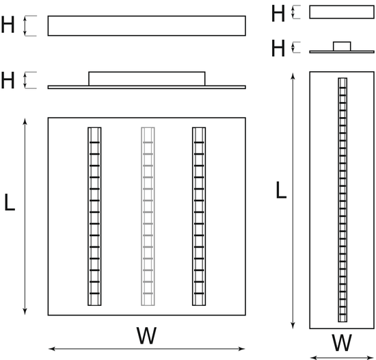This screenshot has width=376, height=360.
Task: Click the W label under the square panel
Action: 146,335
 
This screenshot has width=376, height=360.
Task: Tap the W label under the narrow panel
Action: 342,342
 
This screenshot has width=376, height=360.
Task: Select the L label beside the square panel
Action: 10,203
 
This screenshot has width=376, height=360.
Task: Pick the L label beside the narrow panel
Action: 281,190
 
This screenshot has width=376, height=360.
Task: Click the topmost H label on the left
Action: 8,25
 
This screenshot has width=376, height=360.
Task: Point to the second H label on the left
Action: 8,80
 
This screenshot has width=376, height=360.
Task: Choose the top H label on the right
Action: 278,14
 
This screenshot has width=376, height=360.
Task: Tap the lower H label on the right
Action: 278,48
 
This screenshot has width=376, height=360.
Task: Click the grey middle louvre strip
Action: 148,216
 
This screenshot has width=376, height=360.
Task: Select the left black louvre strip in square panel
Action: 94,216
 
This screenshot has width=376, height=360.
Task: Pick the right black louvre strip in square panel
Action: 199,216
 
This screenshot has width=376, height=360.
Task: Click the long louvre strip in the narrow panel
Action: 343,200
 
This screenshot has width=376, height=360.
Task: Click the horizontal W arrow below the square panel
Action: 146,349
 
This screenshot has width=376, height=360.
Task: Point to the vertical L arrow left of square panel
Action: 25,216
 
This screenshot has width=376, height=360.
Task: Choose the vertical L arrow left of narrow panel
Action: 293,201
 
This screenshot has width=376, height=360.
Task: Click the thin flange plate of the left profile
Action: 146,87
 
